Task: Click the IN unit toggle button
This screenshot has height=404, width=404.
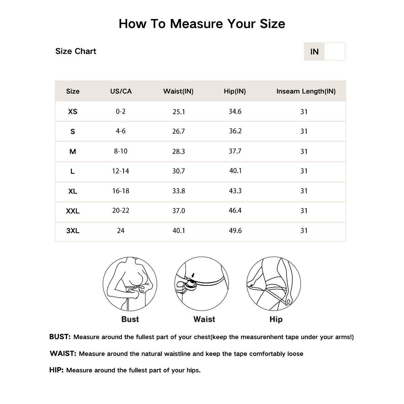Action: coord(314,52)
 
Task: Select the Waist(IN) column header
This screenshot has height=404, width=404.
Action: coord(178,91)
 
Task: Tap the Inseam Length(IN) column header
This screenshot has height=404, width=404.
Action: coord(306,91)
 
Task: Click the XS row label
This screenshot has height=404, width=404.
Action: coord(73,111)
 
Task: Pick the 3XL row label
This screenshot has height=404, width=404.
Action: coord(73,231)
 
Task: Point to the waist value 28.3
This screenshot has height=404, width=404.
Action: coord(178,151)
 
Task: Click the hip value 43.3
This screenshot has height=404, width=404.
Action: coord(235,191)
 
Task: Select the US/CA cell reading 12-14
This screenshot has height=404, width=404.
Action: coord(121,171)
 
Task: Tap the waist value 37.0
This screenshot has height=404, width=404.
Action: coord(178,211)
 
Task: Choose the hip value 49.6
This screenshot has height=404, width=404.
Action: coord(235,231)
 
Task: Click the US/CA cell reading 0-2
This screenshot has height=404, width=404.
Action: coord(121,111)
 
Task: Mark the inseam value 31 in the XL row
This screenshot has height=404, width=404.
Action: coord(304,191)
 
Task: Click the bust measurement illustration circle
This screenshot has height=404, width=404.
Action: coord(130,284)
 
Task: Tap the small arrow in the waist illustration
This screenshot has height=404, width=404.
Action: coord(193,275)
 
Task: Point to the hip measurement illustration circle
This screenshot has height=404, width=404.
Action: coord(274,284)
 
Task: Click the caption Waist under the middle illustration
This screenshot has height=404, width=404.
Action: coord(204,319)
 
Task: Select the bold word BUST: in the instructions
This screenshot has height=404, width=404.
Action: coord(60,337)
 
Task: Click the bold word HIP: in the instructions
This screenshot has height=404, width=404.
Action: coord(57,370)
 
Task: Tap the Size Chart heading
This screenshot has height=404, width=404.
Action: coord(76,51)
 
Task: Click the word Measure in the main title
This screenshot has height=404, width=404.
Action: coord(196,24)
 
